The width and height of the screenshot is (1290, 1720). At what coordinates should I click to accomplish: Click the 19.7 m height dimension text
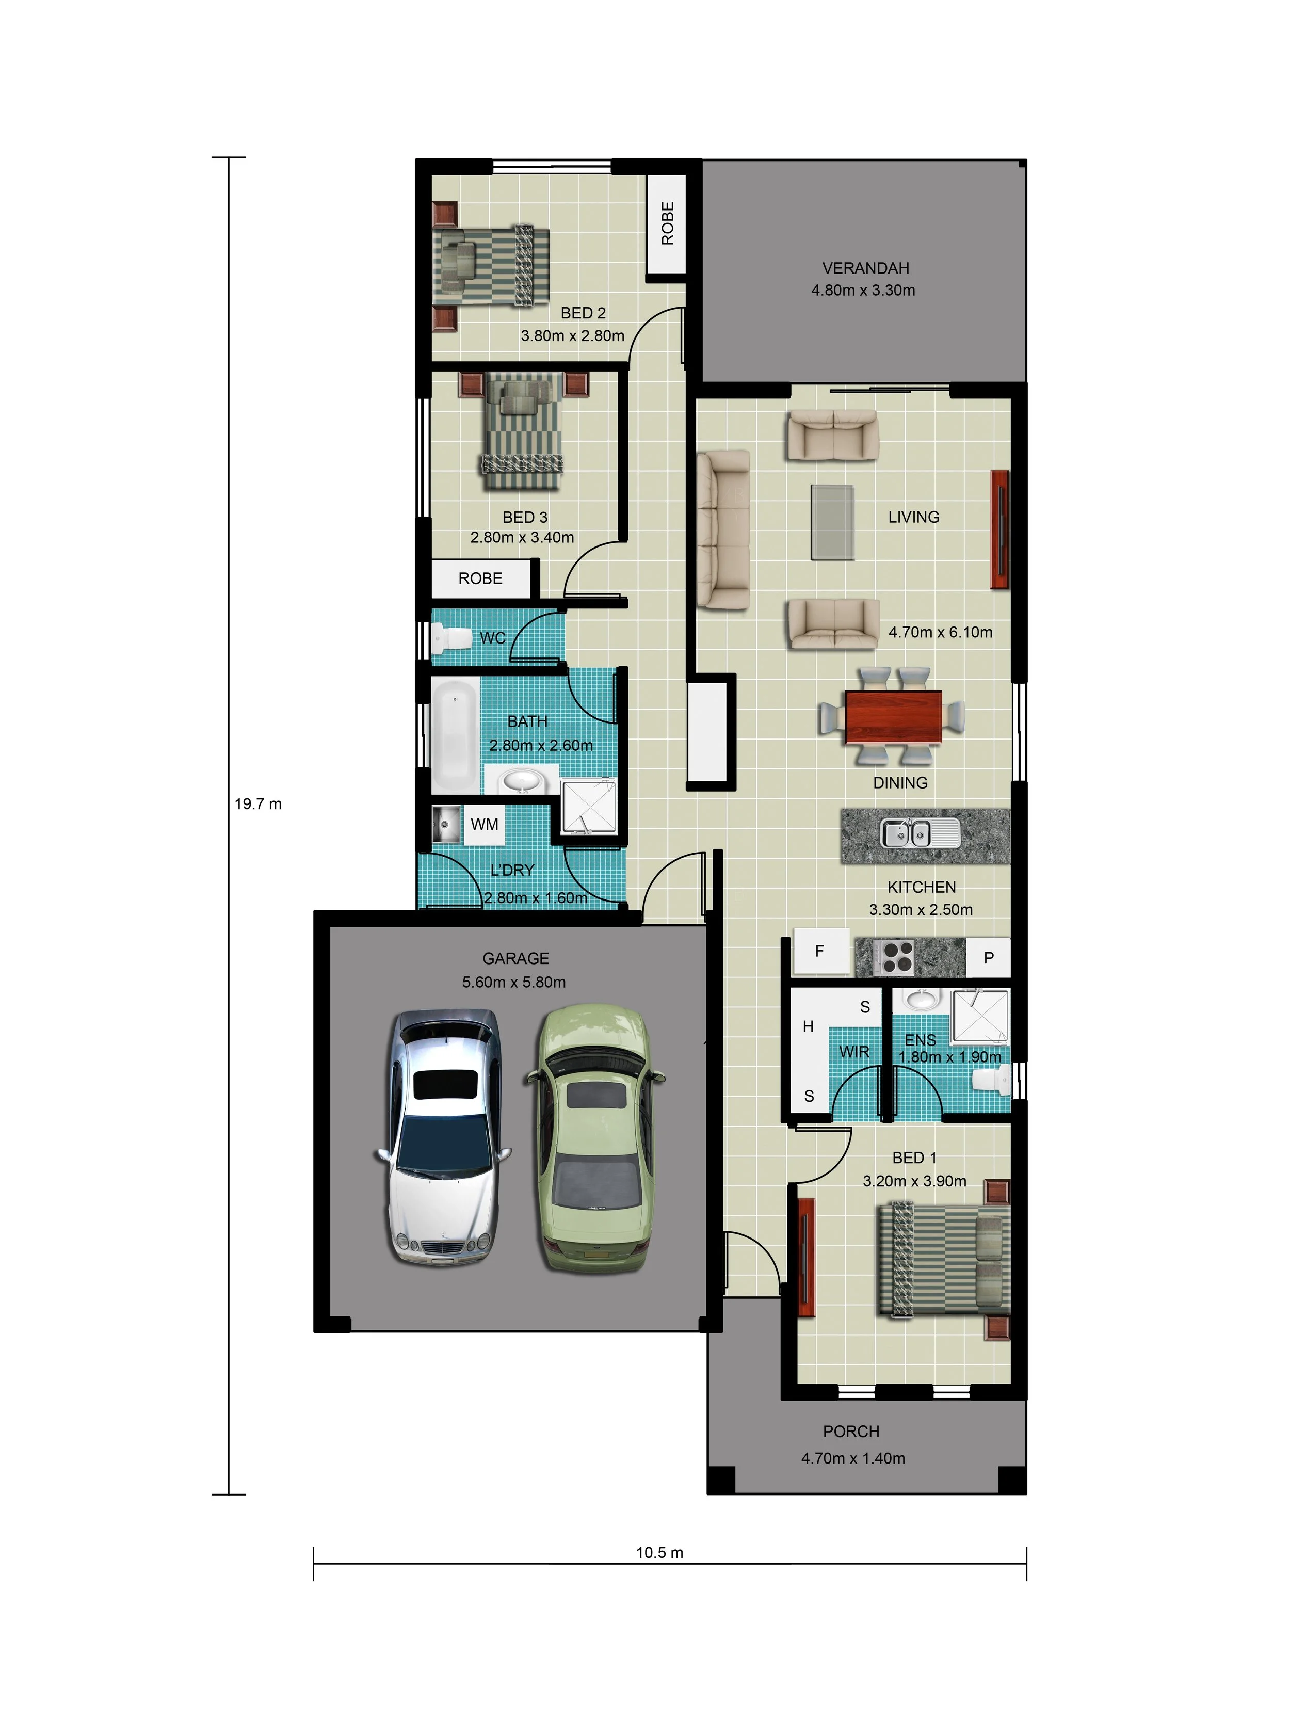point(258,804)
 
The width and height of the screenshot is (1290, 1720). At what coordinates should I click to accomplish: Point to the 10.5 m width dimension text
point(659,1553)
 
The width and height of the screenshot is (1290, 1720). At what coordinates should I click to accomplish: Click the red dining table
point(893,715)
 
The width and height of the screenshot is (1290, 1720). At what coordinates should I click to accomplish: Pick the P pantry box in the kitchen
point(988,957)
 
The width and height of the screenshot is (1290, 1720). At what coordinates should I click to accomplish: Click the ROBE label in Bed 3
point(480,578)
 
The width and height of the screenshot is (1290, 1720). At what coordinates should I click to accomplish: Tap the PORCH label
point(851,1432)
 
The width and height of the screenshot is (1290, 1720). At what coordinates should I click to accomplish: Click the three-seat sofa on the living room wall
point(723,529)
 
